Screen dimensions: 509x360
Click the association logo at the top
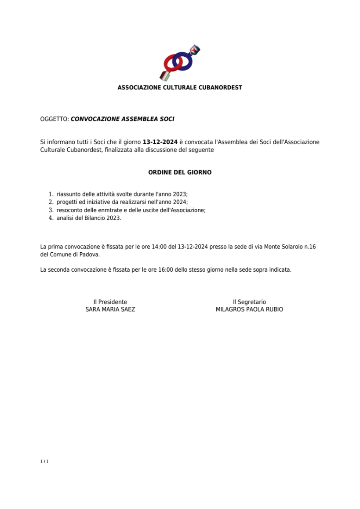coord(180,63)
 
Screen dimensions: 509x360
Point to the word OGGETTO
coord(54,119)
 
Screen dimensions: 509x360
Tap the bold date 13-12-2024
coord(160,142)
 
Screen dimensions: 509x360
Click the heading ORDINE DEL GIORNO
coord(180,172)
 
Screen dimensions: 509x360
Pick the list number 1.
coord(50,194)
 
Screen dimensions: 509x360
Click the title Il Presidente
coord(110,302)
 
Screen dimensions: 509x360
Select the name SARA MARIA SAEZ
coord(110,309)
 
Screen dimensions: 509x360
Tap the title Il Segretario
coord(249,302)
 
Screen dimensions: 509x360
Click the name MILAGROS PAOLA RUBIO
coord(249,309)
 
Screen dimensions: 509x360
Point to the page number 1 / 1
coord(44,461)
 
